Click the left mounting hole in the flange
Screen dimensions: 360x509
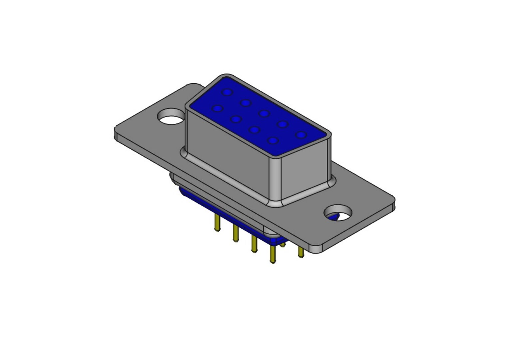pos(171,116)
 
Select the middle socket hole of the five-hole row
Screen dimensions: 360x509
pos(264,113)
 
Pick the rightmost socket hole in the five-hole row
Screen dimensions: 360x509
pos(301,135)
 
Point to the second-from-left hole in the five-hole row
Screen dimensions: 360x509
pos(246,103)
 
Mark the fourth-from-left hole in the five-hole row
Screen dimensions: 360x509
pos(283,124)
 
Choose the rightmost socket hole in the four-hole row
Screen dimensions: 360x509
pos(273,141)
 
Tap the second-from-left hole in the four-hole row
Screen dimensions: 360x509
pos(236,119)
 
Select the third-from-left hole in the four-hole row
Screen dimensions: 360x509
pos(254,130)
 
